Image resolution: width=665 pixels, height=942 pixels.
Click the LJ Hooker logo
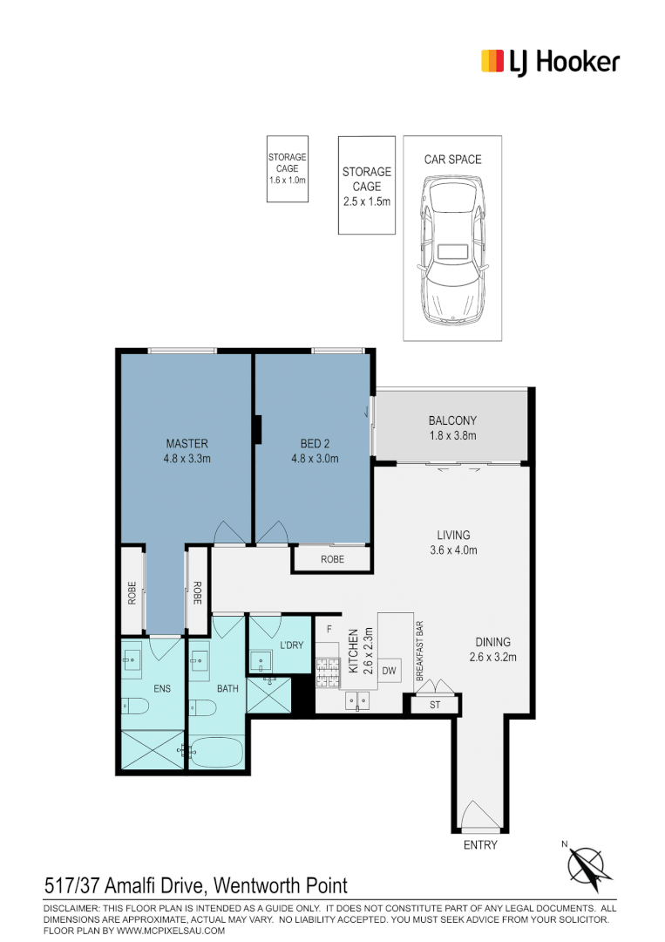[x=550, y=62]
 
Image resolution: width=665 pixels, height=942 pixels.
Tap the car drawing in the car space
[x=452, y=250]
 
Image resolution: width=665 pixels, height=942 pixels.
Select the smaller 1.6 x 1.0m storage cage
[x=288, y=169]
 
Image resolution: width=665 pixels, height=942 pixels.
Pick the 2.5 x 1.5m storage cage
[x=367, y=185]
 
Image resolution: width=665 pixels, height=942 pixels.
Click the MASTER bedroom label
[x=187, y=443]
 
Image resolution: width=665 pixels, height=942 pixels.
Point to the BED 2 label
[x=316, y=443]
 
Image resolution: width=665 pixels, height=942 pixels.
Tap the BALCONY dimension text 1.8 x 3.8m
[x=452, y=435]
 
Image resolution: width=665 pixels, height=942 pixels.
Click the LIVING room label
[x=454, y=535]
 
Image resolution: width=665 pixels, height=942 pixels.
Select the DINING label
[x=492, y=642]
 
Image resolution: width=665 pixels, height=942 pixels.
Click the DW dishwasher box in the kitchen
[x=389, y=671]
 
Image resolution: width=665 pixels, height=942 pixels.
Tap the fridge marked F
[x=329, y=631]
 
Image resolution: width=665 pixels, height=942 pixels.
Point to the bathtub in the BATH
[x=217, y=752]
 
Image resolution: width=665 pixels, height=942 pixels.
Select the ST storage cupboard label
[x=435, y=705]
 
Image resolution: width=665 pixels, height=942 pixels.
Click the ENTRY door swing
[x=478, y=815]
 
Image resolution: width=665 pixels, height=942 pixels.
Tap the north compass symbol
[x=587, y=866]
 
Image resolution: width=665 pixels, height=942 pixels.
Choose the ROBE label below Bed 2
[x=333, y=559]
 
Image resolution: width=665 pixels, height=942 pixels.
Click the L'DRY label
[x=292, y=645]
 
